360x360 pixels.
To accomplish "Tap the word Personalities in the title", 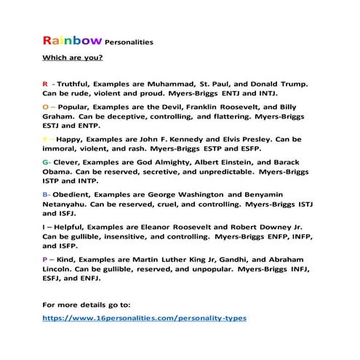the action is click(x=129, y=42).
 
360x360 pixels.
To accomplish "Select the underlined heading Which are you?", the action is click(x=73, y=57).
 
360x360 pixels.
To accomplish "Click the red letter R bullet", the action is click(x=45, y=84).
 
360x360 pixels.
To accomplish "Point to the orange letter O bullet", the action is click(x=46, y=105).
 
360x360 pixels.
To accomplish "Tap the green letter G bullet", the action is click(x=46, y=161).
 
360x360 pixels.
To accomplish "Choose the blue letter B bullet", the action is click(x=46, y=194).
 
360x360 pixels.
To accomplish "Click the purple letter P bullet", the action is click(x=45, y=260).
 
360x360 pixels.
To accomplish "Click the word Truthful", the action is click(x=76, y=84).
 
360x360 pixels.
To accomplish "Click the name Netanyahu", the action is click(x=68, y=205).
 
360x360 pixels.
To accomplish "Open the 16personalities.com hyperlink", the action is click(x=145, y=318).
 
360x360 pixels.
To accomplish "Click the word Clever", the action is click(x=69, y=161).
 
